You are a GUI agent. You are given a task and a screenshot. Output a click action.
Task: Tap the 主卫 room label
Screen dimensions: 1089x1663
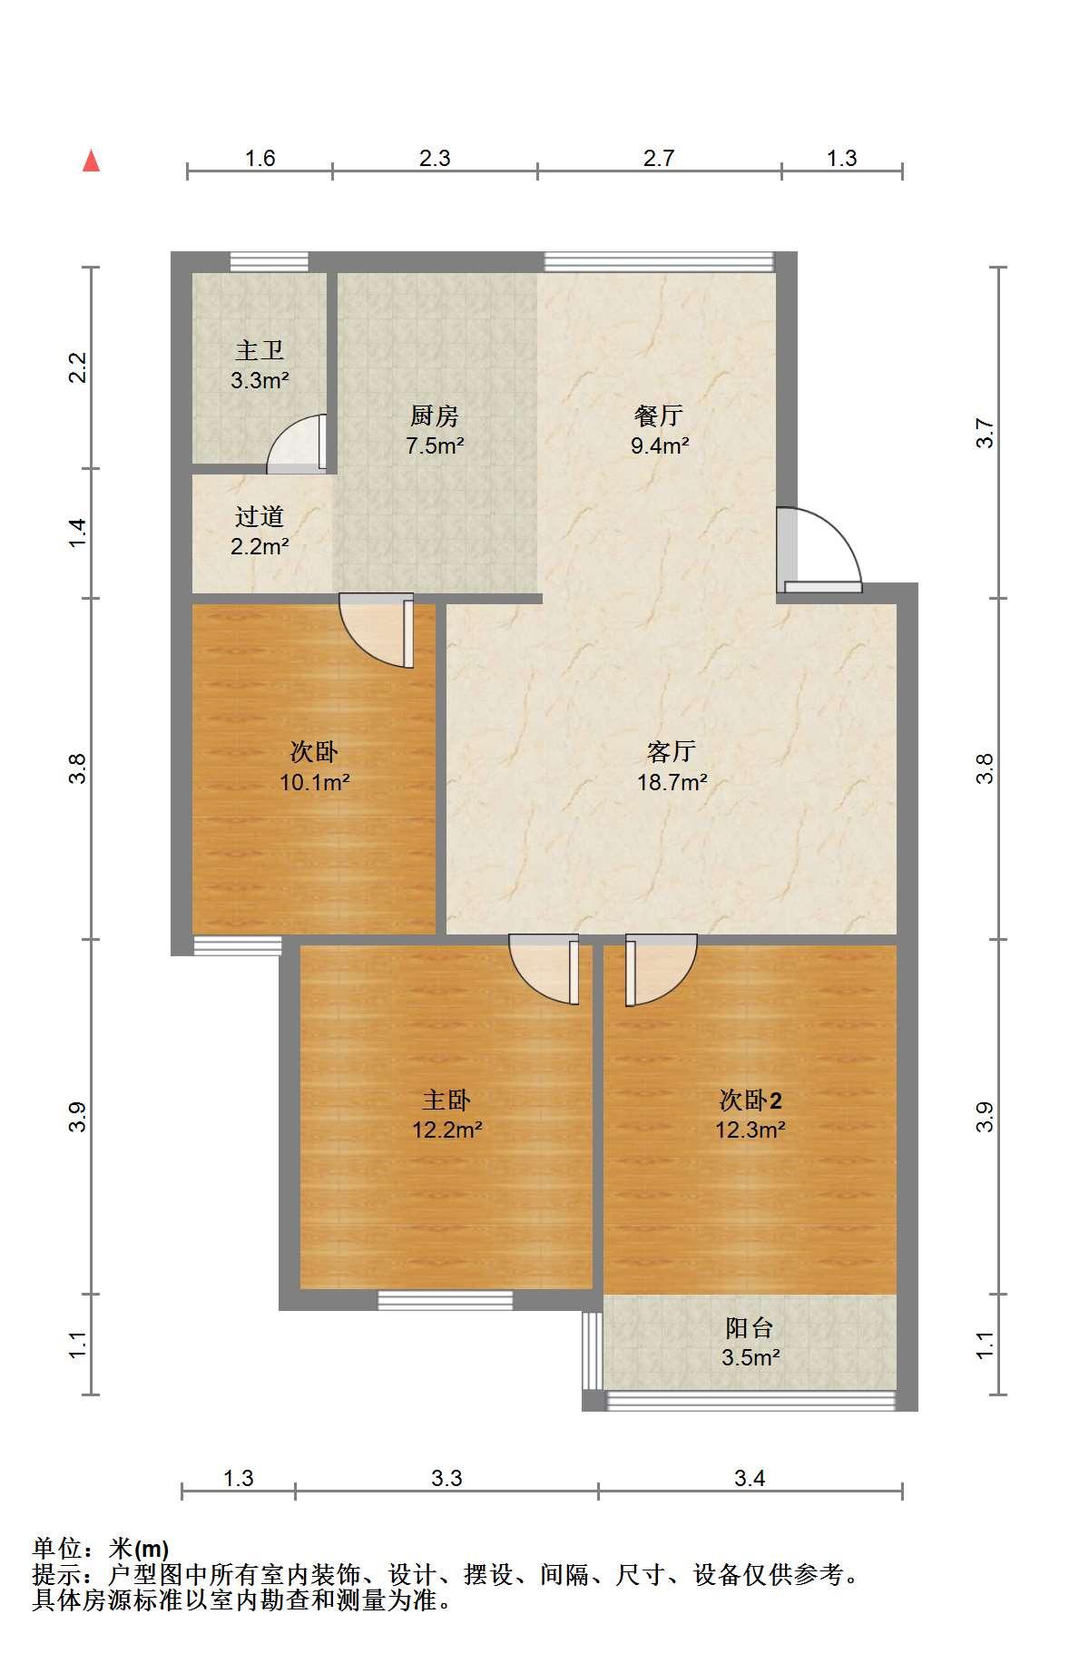[260, 350]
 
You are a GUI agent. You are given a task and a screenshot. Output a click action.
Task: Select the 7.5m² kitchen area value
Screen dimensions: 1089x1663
[435, 445]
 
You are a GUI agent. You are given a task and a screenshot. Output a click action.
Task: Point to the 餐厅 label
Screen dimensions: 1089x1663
[659, 416]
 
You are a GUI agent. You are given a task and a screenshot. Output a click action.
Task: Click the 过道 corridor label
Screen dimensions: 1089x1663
[260, 516]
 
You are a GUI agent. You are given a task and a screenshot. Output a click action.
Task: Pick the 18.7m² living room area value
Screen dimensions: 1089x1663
[672, 782]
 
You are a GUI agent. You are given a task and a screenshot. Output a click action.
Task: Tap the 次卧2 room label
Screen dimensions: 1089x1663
[751, 1101]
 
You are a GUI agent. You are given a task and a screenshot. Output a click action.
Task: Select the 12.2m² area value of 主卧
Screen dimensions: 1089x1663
[446, 1130]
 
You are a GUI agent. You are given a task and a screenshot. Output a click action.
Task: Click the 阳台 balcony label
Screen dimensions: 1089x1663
[750, 1328]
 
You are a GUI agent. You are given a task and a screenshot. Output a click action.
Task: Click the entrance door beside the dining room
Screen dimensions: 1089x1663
[819, 549]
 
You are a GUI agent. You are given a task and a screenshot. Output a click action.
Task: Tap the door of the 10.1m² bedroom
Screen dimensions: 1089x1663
[377, 631]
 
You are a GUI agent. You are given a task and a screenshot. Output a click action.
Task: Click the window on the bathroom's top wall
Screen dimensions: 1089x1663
[269, 261]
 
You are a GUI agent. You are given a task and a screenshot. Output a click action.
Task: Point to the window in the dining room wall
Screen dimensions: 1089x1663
[659, 261]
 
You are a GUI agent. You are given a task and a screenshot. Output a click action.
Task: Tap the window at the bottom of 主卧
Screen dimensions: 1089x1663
[446, 1299]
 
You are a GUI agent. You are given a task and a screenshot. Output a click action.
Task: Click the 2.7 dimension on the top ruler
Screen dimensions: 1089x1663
[659, 158]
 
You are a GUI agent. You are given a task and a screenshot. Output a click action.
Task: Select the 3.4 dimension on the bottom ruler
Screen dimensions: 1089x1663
[750, 1478]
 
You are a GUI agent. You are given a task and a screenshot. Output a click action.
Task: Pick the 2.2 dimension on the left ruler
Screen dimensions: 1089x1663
[79, 367]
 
